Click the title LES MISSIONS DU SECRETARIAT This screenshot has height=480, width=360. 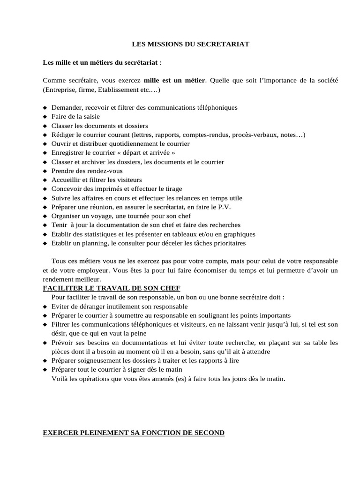tap(190, 44)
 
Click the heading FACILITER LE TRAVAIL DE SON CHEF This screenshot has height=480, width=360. tap(112, 287)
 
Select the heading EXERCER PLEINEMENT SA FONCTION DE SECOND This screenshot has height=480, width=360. tap(134, 433)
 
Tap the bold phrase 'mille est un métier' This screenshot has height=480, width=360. tap(174, 80)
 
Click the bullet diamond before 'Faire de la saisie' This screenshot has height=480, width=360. tap(45, 117)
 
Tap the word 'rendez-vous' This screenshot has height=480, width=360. tap(107, 171)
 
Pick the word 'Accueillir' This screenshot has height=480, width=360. tap(66, 180)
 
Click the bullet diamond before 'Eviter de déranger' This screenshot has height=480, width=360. tap(45, 307)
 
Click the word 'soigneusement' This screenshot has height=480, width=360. tap(94, 361)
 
